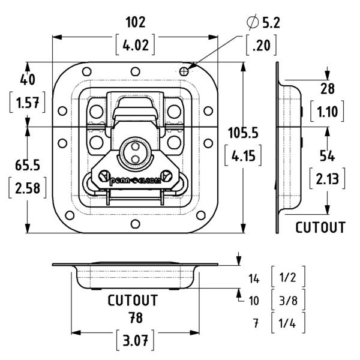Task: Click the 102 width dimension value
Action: pyautogui.click(x=136, y=22)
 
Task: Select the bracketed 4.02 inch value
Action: pyautogui.click(x=135, y=45)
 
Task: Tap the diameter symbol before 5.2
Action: pyautogui.click(x=252, y=22)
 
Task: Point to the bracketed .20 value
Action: pyautogui.click(x=261, y=45)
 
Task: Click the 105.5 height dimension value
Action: pyautogui.click(x=243, y=133)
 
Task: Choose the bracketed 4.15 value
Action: pyautogui.click(x=243, y=155)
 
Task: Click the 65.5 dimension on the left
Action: pyautogui.click(x=28, y=166)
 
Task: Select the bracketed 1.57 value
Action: pyautogui.click(x=28, y=103)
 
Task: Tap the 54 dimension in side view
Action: pyautogui.click(x=327, y=157)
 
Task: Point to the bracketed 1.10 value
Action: pyautogui.click(x=327, y=112)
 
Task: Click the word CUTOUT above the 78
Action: pyautogui.click(x=133, y=301)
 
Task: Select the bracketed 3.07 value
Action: pyautogui.click(x=135, y=340)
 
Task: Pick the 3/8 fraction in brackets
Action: pyautogui.click(x=288, y=300)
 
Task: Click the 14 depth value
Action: pyautogui.click(x=254, y=279)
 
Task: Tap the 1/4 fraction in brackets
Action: pyautogui.click(x=288, y=323)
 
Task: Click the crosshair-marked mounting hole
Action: pyautogui.click(x=184, y=71)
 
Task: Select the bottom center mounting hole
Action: pyautogui.click(x=135, y=224)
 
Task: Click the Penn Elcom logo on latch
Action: pyautogui.click(x=135, y=181)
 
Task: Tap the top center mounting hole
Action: pyautogui.click(x=135, y=71)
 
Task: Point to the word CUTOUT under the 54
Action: pyautogui.click(x=320, y=227)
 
